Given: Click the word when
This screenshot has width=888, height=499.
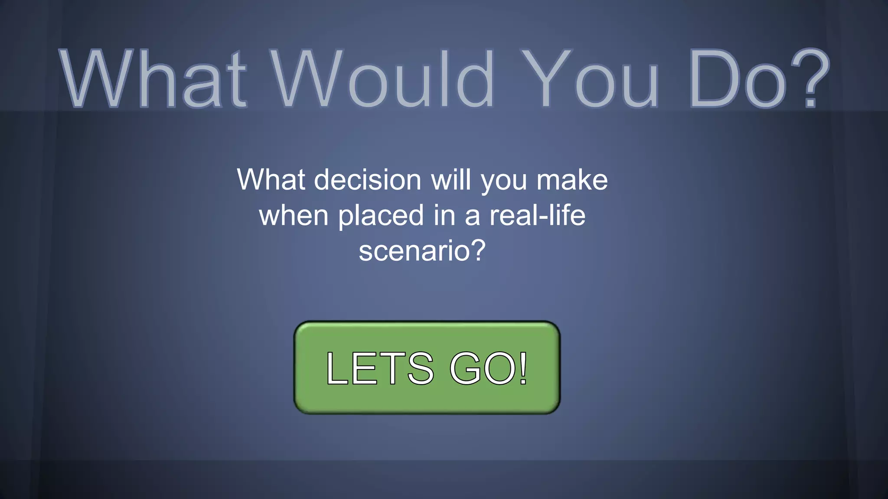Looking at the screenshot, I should click(x=294, y=215).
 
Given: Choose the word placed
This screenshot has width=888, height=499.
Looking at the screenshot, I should click(x=381, y=215).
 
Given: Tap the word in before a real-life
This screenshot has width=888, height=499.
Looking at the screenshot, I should click(x=444, y=215).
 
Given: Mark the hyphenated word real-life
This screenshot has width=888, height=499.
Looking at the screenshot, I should click(x=537, y=215).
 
